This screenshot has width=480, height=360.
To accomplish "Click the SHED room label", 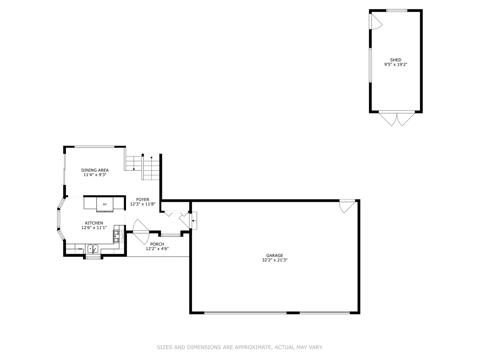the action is (x=396, y=60).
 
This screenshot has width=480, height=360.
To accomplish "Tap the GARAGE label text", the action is (x=274, y=255).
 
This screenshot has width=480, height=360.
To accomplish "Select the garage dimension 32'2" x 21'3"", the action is (x=274, y=260).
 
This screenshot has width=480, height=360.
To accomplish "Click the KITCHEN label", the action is (x=94, y=223).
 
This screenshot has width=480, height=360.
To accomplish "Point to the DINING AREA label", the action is (x=95, y=170).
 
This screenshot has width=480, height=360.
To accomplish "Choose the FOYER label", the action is (x=142, y=199).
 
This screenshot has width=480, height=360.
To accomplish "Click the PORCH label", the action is (x=157, y=244).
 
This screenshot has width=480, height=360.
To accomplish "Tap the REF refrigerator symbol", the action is (x=105, y=204).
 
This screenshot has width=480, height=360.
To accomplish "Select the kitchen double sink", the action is (x=93, y=248).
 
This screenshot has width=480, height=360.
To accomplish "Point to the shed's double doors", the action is (x=397, y=119).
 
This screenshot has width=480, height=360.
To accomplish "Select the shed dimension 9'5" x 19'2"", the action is (x=396, y=64).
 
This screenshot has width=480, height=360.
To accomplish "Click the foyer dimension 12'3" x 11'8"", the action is (x=142, y=204).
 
